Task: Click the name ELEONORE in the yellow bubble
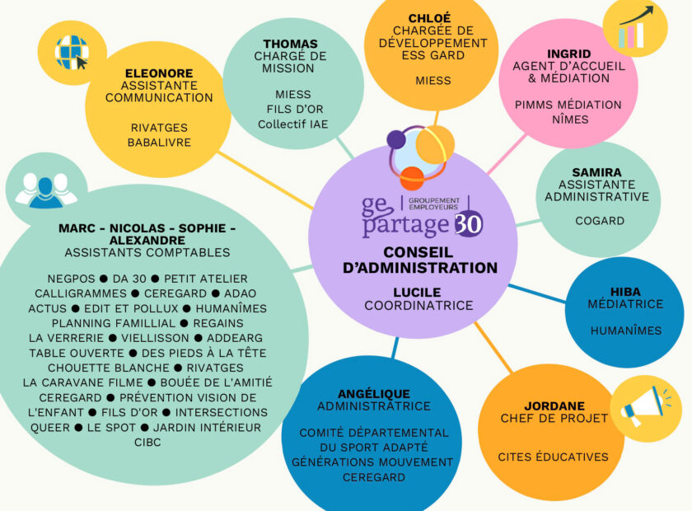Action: (159, 73)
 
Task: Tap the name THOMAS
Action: (291, 44)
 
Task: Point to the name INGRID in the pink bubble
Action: (569, 54)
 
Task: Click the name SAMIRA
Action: (597, 172)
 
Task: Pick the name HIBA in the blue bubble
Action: (626, 292)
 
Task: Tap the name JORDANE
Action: (554, 406)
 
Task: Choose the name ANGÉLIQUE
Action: (374, 393)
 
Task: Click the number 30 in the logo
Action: (468, 223)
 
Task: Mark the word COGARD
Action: (600, 221)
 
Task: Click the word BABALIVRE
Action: (160, 142)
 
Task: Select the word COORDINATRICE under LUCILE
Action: (419, 306)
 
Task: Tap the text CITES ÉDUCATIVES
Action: (553, 457)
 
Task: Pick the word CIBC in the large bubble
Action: (147, 443)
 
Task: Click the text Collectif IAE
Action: (292, 124)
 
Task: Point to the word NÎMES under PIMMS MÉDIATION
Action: (568, 120)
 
